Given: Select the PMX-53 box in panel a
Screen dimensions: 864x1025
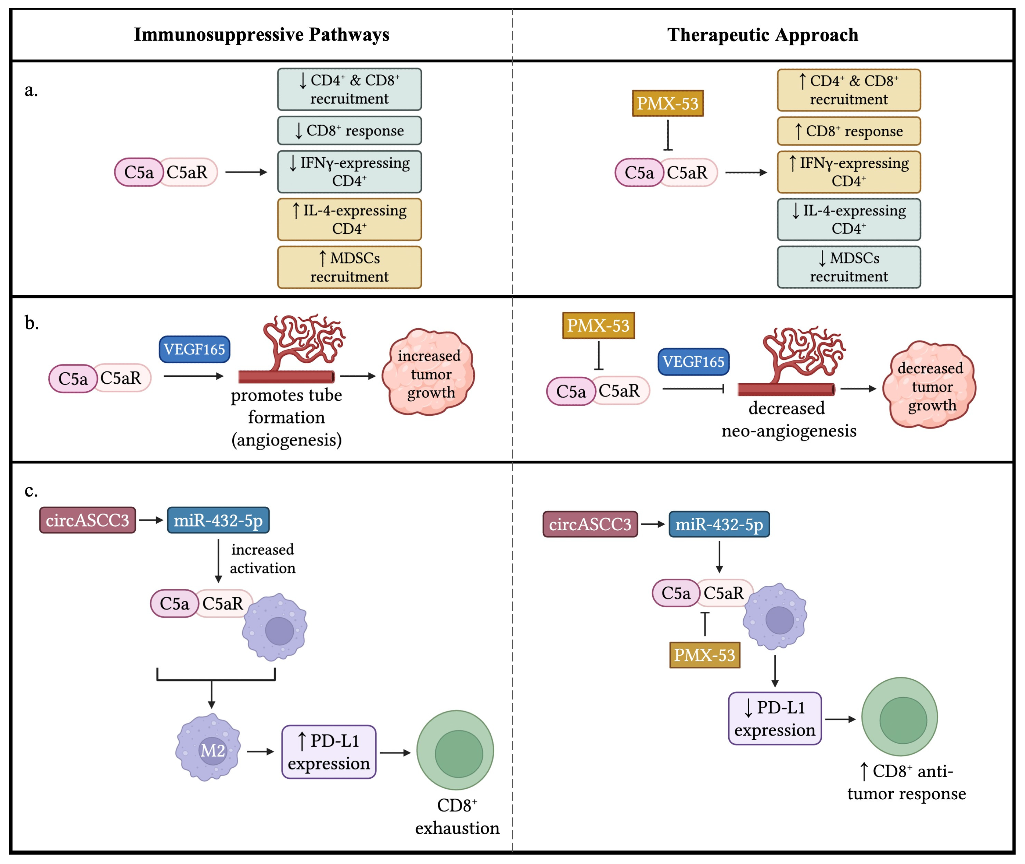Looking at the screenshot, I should pos(667,103).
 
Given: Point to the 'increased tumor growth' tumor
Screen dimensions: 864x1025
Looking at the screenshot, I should pos(429,373).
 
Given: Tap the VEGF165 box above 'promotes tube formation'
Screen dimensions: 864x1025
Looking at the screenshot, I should pos(194,349).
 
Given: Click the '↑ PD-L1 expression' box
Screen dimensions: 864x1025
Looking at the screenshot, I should pos(328,752).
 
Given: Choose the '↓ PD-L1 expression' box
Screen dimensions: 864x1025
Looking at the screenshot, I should pos(774,718).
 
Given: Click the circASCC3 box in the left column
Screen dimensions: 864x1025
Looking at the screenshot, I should pos(88,520).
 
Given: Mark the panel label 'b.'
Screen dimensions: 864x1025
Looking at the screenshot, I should pos(32,323).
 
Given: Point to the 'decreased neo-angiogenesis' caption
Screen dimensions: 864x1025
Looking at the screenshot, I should pos(788,419).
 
